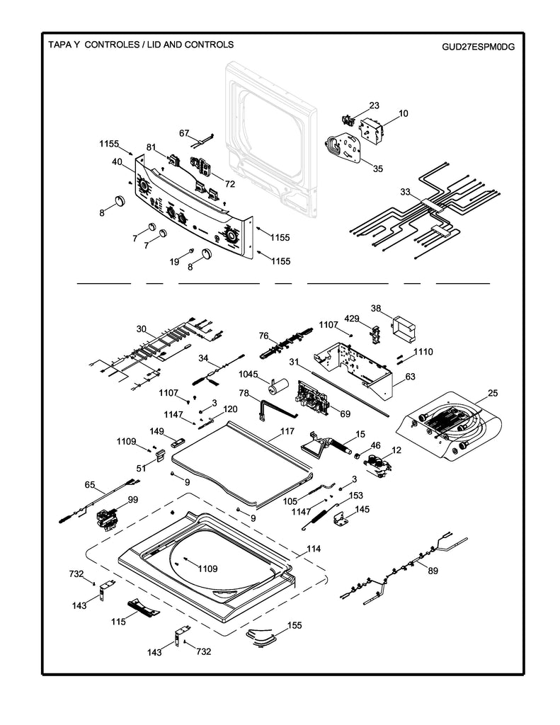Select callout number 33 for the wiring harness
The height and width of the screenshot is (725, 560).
[404, 191]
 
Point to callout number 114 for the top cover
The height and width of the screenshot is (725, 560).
[313, 549]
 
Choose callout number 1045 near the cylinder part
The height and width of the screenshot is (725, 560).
[249, 374]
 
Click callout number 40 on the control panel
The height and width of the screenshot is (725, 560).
[117, 161]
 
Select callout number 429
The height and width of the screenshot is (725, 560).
[352, 318]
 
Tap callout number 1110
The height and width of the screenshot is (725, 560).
[423, 352]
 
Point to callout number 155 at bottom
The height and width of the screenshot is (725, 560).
[295, 626]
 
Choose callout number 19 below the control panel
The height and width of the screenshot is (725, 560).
[174, 262]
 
